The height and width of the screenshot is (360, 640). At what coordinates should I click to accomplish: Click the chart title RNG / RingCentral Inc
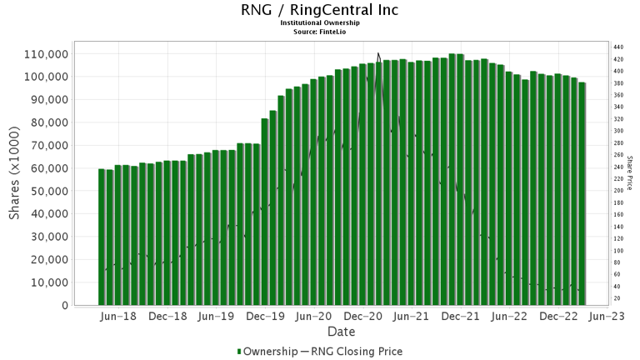[319, 10]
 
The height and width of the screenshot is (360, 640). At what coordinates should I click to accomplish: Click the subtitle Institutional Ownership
[319, 23]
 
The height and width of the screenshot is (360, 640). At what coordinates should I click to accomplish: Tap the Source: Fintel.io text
[319, 32]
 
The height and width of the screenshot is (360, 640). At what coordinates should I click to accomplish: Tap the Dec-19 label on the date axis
[266, 317]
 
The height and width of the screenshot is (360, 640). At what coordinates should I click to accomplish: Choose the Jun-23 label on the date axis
[607, 317]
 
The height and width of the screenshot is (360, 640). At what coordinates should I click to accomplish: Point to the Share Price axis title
[630, 173]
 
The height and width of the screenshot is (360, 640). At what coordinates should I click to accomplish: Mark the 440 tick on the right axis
[617, 47]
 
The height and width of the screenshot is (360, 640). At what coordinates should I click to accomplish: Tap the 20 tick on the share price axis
[616, 298]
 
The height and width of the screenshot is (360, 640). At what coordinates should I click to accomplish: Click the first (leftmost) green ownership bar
[102, 237]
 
